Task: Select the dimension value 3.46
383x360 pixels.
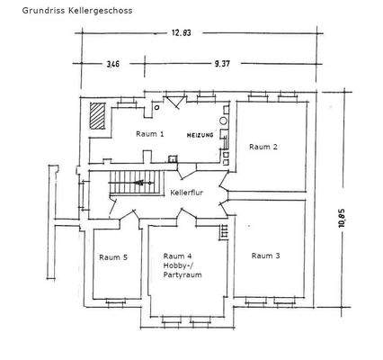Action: [112, 65]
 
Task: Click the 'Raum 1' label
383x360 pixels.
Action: [150, 133]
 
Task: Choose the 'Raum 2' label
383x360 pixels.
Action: [263, 146]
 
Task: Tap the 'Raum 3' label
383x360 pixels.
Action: [265, 256]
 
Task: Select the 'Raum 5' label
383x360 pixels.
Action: [113, 256]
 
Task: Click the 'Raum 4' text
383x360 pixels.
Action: [178, 255]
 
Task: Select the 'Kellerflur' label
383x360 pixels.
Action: [187, 193]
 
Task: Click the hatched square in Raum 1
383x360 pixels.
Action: [97, 114]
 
